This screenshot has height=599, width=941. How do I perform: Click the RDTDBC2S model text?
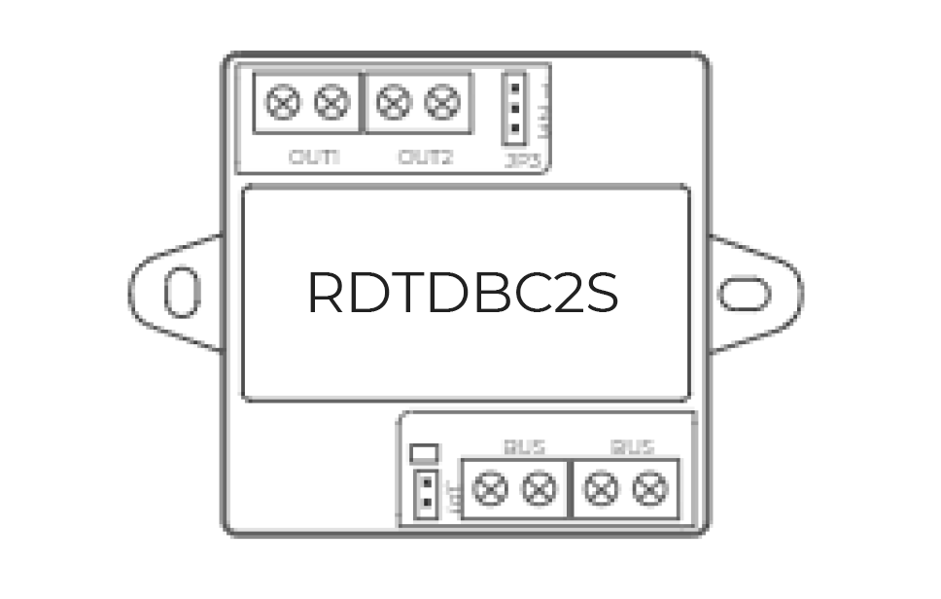pos(463,294)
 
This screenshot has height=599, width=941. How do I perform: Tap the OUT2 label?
pos(426,157)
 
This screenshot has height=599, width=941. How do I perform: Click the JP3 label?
pos(521,161)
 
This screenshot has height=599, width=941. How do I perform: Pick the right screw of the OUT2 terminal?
pos(439,100)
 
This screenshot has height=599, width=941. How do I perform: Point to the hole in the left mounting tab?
pos(178,292)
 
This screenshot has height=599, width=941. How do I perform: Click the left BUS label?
pos(524,448)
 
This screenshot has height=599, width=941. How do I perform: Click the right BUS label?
pos(632,448)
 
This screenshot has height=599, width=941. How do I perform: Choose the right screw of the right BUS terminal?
pos(647,490)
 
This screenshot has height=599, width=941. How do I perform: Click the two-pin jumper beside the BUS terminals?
pos(426,493)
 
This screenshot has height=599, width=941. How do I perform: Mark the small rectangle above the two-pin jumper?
pos(425,453)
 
